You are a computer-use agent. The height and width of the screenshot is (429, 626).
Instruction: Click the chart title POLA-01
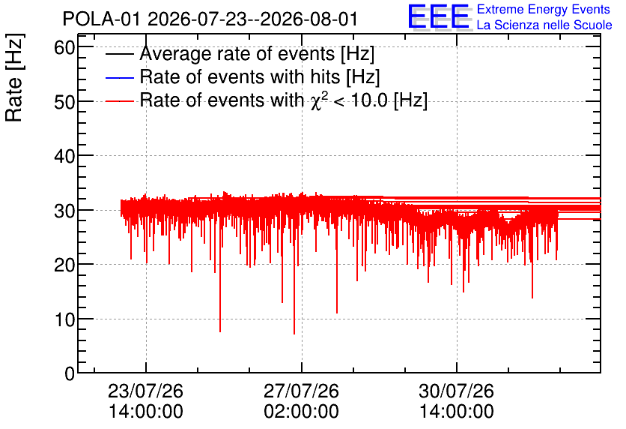click(x=101, y=19)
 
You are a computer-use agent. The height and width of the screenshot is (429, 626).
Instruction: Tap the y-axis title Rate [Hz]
click(x=14, y=77)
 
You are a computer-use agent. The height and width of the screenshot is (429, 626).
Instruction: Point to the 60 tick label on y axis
click(x=64, y=47)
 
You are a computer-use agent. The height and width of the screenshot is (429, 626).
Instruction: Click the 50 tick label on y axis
click(x=64, y=102)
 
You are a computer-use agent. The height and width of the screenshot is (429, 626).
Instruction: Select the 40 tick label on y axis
click(x=64, y=156)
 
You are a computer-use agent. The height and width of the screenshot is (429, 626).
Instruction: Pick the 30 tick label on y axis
click(x=64, y=210)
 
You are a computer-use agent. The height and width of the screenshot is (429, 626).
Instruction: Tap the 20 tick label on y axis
click(x=64, y=265)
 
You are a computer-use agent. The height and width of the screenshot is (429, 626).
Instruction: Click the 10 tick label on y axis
click(x=64, y=319)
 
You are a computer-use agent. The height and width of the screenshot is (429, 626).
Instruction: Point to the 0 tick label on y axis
click(x=70, y=373)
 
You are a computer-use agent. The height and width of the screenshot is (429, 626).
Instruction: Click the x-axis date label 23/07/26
click(x=146, y=391)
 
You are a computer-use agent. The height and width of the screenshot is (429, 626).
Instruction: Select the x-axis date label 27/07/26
click(x=302, y=391)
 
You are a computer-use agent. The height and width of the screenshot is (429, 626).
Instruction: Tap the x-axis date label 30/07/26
click(x=456, y=391)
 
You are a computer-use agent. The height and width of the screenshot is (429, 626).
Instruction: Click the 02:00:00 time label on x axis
click(x=302, y=412)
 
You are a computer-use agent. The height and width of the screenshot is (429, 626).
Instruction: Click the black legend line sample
click(x=120, y=54)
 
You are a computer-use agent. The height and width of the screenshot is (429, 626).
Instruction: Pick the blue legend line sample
click(x=120, y=77)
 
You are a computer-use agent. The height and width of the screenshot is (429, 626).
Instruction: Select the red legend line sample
click(x=120, y=100)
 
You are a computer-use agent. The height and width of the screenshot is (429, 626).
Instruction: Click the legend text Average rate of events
click(x=237, y=54)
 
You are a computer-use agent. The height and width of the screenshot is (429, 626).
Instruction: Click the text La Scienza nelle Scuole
click(x=544, y=25)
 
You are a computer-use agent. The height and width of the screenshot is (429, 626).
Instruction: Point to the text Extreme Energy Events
click(x=544, y=9)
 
